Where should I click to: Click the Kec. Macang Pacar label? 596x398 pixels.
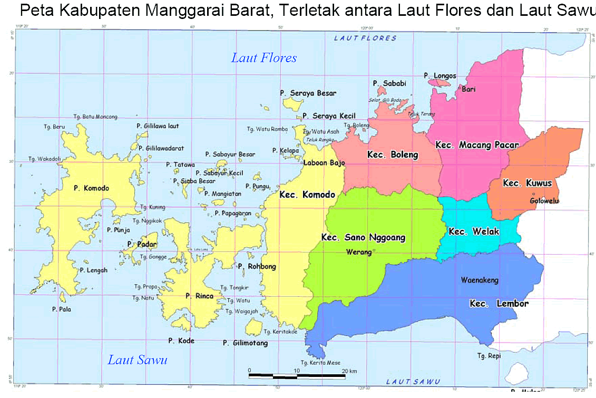point(477,145)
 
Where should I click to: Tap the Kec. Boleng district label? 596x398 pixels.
point(393,154)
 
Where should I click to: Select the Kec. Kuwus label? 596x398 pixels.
point(527,183)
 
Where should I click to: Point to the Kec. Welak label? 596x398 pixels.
point(473,232)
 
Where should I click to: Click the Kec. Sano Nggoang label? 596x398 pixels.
point(363,238)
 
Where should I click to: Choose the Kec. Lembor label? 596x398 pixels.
point(499,304)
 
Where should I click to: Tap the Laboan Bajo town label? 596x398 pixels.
point(324,163)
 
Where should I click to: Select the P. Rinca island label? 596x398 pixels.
point(199,296)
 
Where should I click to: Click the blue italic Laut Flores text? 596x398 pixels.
point(264,58)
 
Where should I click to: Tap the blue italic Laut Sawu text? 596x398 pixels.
point(138,360)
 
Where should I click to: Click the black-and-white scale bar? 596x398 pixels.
point(297,376)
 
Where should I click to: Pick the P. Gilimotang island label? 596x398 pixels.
point(245,343)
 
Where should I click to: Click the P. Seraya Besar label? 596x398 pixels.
point(308,93)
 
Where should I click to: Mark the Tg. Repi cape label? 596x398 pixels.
point(488,356)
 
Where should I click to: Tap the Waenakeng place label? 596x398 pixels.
point(480,280)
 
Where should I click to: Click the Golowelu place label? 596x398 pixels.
point(544,201)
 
